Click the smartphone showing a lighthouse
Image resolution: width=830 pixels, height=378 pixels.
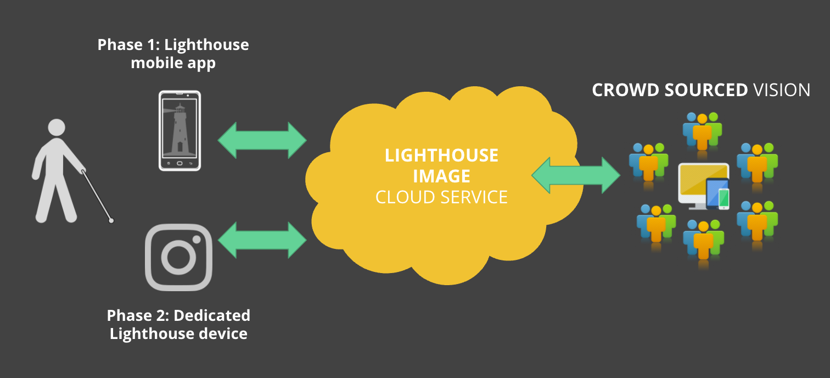tap(180, 131)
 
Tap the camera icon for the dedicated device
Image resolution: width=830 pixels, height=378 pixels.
tap(178, 257)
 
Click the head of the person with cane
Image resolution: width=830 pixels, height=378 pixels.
tap(57, 127)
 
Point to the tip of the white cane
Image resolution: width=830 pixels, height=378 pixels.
tap(111, 221)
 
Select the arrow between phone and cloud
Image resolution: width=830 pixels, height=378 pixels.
tap(262, 140)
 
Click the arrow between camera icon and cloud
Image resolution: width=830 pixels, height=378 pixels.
tap(262, 240)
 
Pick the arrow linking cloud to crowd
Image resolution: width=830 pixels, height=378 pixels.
tap(576, 175)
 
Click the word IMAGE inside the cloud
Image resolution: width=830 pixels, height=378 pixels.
tap(442, 176)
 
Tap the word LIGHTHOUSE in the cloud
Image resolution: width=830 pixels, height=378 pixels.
tap(442, 155)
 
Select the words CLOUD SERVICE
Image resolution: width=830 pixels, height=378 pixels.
tap(442, 197)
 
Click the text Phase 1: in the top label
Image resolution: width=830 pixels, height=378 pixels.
tap(128, 45)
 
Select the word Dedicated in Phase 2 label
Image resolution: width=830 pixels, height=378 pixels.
tap(212, 316)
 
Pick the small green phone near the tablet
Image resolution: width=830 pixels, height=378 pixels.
tap(724, 199)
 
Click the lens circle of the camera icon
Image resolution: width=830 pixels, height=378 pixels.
tap(178, 257)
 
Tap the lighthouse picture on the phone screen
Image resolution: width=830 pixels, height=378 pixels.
tap(180, 130)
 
